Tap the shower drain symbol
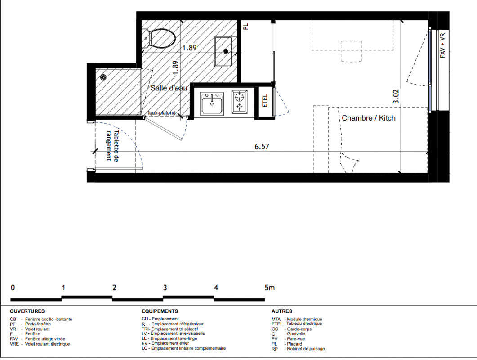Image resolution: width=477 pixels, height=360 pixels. point(103,77)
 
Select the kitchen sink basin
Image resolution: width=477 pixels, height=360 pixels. point(212,103)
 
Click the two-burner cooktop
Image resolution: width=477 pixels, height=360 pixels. point(239,102)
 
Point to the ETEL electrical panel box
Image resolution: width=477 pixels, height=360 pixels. point(264,101)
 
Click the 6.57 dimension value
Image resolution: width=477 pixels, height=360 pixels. point(262,147)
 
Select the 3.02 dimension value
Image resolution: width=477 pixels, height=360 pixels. point(396,96)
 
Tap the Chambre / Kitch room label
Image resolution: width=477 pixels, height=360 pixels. point(368,118)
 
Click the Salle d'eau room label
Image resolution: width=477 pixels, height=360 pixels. point(169,88)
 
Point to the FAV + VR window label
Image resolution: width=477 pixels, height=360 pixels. point(443,46)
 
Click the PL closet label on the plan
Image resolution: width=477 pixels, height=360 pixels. point(246,27)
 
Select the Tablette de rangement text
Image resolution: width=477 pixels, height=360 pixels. point(112,146)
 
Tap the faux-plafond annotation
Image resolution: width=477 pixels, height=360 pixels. point(161,113)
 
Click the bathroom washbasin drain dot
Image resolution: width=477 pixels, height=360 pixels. point(226,52)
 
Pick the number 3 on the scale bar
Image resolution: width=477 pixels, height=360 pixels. point(165,288)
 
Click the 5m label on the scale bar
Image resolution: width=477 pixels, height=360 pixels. point(270,288)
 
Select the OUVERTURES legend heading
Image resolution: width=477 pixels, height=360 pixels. point(27,311)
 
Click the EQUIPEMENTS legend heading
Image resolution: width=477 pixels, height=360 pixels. point(160,311)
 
